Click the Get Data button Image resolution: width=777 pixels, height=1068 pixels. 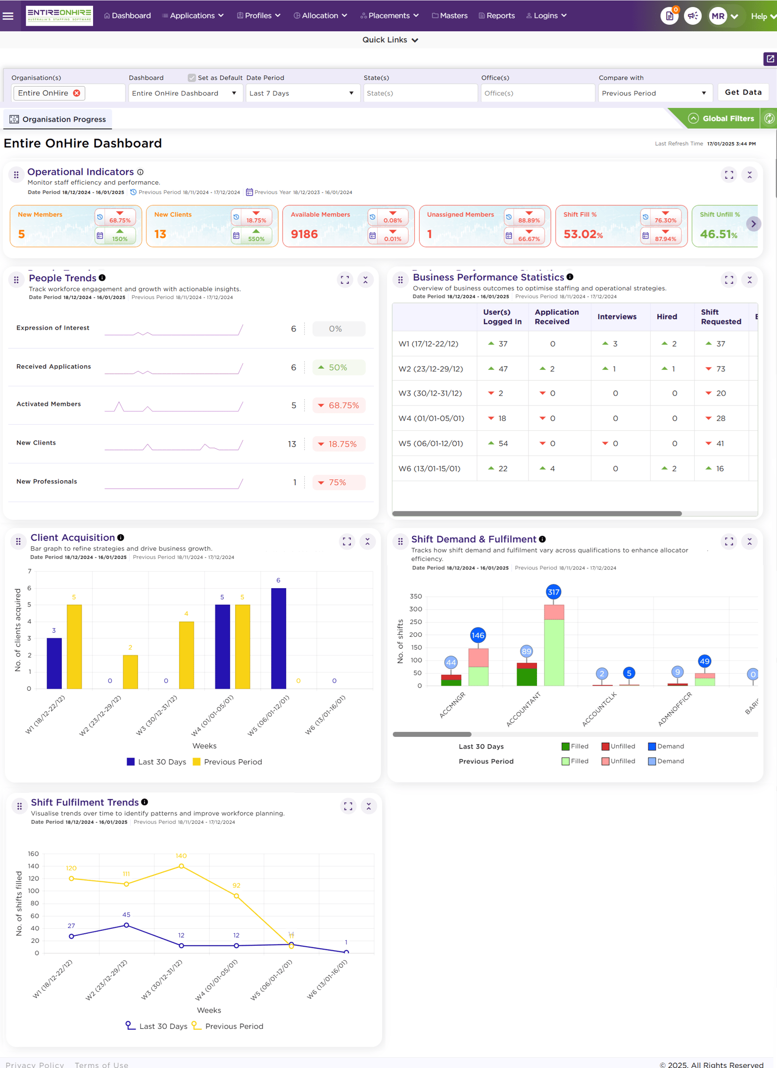(x=743, y=92)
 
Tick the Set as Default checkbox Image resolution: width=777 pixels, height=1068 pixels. (x=192, y=78)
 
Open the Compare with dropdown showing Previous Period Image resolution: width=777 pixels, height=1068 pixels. (x=654, y=93)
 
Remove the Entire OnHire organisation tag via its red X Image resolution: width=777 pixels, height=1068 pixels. (x=77, y=93)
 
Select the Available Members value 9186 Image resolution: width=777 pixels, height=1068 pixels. (x=304, y=234)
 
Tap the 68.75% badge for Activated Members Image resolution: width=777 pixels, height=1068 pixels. (x=339, y=406)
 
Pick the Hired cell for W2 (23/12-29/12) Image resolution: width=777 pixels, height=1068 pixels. (x=669, y=369)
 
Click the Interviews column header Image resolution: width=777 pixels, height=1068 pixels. (x=617, y=317)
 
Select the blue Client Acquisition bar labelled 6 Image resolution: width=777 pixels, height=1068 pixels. (x=279, y=638)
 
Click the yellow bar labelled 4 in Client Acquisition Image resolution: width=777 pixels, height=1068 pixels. (x=187, y=655)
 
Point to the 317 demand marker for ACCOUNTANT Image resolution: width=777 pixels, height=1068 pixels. (x=553, y=592)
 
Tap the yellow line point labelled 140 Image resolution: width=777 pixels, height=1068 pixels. (x=182, y=866)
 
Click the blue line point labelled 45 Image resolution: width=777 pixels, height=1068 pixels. (x=127, y=925)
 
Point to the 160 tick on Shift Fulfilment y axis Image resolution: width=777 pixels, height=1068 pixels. (x=33, y=854)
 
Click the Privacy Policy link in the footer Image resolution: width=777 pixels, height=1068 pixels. (x=35, y=1065)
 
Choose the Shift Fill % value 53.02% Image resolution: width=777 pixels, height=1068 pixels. (x=583, y=234)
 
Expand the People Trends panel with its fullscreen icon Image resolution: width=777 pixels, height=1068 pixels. (x=345, y=280)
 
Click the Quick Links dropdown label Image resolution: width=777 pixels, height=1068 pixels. (x=385, y=40)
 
